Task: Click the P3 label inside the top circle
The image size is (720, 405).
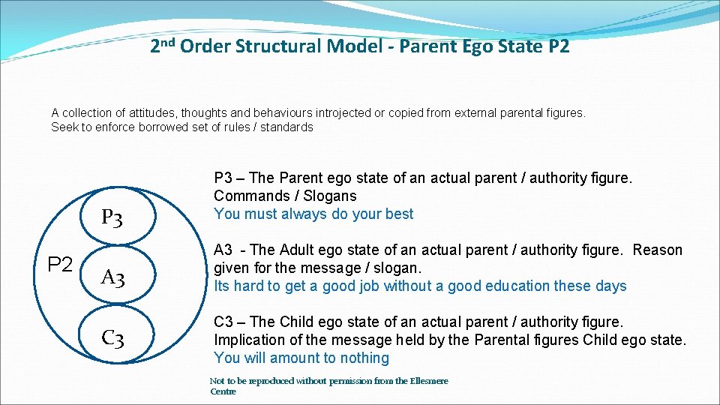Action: pyautogui.click(x=112, y=218)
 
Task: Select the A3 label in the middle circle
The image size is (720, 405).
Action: pyautogui.click(x=112, y=278)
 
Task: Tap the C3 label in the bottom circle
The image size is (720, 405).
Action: pyautogui.click(x=112, y=338)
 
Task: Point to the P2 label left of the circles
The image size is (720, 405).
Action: pyautogui.click(x=60, y=264)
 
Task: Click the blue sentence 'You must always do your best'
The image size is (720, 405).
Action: pyautogui.click(x=313, y=214)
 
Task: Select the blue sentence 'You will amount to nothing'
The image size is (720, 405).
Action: pyautogui.click(x=301, y=358)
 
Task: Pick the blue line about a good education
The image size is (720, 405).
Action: pyautogui.click(x=420, y=286)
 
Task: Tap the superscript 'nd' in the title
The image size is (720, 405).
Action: pyautogui.click(x=168, y=41)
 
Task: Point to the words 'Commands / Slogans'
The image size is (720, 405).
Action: pyautogui.click(x=285, y=196)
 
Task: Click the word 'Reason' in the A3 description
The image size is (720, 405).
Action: pyautogui.click(x=657, y=250)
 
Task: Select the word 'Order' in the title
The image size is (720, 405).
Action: pyautogui.click(x=205, y=46)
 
